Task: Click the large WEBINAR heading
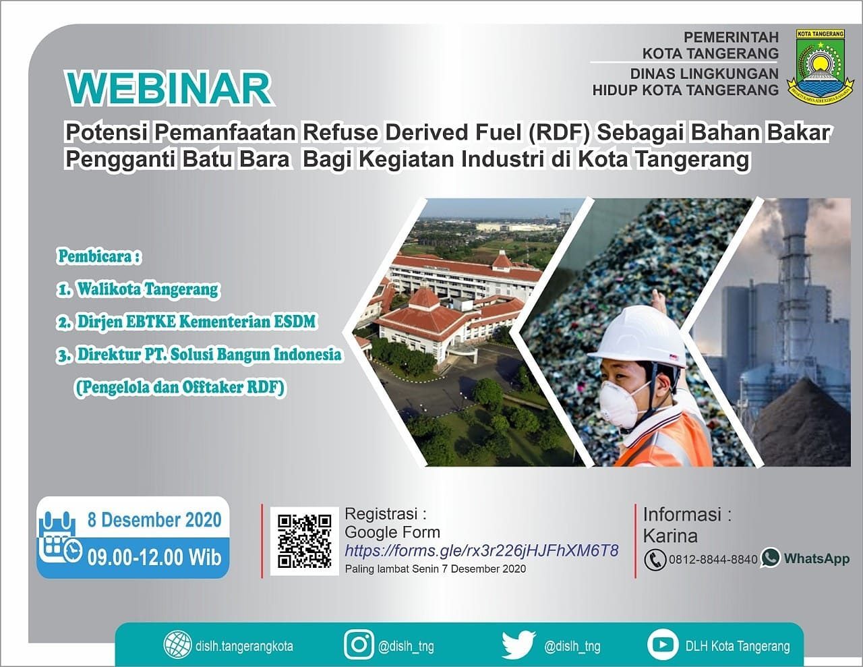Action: point(169,88)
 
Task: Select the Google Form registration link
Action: point(481,550)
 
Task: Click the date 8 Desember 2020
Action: point(154,520)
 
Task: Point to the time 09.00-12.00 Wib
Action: point(154,556)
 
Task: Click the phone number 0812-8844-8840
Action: point(713,559)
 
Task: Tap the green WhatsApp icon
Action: point(770,558)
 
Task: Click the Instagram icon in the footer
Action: point(359,645)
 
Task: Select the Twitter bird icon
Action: point(518,645)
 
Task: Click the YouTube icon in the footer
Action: point(662,645)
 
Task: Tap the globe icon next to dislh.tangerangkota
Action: point(178,645)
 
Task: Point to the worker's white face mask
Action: point(619,404)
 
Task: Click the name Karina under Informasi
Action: point(670,536)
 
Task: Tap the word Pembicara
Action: point(99,256)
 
